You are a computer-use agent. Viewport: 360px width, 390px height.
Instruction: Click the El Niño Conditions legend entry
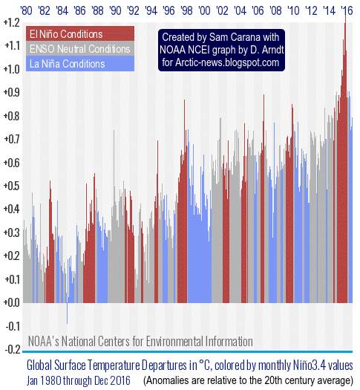(80, 33)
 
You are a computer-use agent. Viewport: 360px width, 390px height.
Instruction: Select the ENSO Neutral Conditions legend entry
(80, 48)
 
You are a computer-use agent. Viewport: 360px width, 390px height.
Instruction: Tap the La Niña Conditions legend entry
(80, 64)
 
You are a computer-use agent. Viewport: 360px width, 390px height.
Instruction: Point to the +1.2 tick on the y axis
(11, 23)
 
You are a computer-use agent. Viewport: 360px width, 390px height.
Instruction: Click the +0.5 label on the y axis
(11, 186)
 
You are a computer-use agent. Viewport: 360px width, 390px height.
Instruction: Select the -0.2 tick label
(13, 349)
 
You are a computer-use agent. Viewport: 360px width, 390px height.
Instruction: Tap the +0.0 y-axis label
(11, 302)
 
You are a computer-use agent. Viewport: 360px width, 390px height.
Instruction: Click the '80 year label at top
(26, 10)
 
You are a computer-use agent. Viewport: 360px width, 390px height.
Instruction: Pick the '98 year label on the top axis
(186, 10)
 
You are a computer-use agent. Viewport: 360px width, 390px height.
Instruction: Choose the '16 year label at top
(347, 10)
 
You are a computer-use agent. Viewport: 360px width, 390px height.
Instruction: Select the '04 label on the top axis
(240, 10)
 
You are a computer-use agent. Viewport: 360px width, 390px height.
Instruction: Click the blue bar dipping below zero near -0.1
(67, 313)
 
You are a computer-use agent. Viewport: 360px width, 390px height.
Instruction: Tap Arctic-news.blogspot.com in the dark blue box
(227, 62)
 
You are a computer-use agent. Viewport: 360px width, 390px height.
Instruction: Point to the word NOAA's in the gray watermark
(44, 341)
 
